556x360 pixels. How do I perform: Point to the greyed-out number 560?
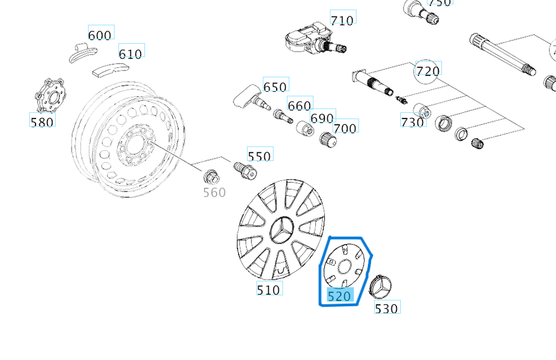pyautogui.click(x=214, y=193)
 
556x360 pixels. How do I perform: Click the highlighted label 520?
pyautogui.click(x=340, y=295)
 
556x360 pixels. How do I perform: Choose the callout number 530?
pyautogui.click(x=387, y=307)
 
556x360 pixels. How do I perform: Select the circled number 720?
pyautogui.click(x=428, y=70)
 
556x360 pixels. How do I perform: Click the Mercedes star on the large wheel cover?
pyautogui.click(x=282, y=229)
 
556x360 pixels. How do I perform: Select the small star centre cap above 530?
pyautogui.click(x=380, y=287)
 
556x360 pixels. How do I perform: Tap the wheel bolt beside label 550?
pyautogui.click(x=245, y=170)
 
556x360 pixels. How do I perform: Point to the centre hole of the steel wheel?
pyautogui.click(x=135, y=145)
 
